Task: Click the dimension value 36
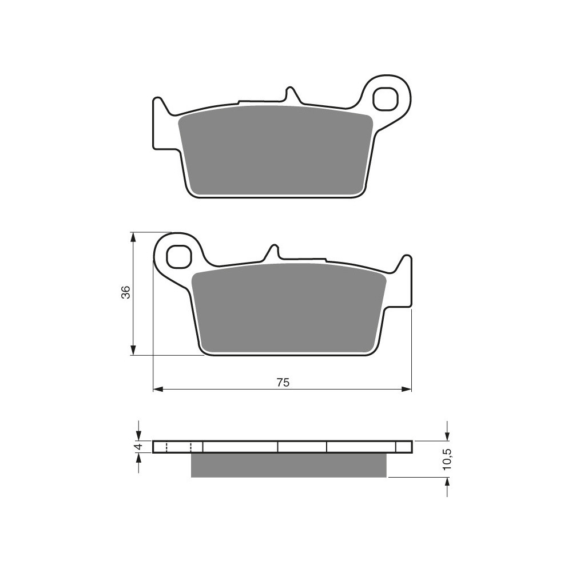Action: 125,292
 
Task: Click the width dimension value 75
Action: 283,382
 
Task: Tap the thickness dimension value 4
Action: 137,447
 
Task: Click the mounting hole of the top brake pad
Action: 385,98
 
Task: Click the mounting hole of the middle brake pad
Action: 179,256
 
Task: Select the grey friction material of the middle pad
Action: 288,308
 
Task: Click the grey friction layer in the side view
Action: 288,465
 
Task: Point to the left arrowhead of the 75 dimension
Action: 158,390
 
